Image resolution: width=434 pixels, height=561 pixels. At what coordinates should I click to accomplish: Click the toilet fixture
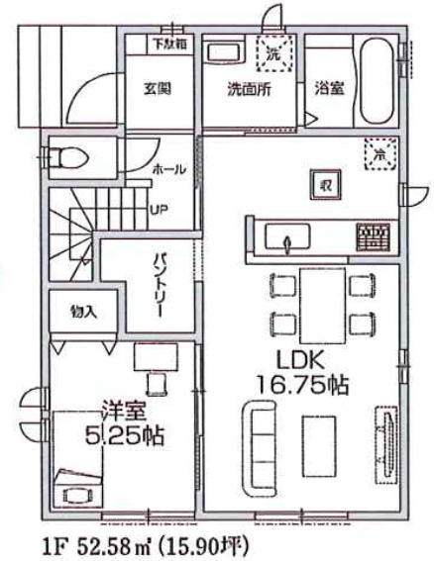pos(68,158)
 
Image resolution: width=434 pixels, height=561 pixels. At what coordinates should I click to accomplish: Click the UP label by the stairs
pos(158,210)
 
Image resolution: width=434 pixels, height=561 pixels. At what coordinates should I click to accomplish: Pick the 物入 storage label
pos(83,312)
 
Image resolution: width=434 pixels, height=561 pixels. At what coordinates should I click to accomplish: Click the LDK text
pos(298,361)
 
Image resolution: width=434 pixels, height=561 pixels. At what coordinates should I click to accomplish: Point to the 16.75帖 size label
pos(299,386)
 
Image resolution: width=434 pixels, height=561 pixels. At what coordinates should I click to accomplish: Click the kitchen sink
pos(288,238)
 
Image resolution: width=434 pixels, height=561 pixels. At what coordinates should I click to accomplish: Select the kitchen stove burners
pos(374,236)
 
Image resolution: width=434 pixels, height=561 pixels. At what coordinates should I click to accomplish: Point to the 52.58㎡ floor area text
pos(107,543)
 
